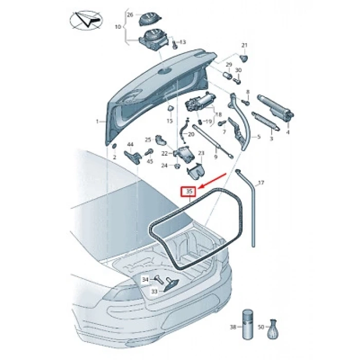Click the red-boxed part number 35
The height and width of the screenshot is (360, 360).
point(189,192)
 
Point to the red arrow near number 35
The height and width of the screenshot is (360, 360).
point(214,181)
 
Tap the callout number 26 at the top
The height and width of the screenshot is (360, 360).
point(130,15)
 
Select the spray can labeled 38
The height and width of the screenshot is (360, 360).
point(248,324)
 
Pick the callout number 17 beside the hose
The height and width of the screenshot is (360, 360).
point(261,183)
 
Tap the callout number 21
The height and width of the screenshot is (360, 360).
point(245,45)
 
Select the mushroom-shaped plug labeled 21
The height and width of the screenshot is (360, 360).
point(246,57)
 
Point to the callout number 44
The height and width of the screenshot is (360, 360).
point(130,145)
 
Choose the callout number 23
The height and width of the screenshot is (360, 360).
point(201,153)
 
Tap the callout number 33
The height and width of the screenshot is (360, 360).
point(154,291)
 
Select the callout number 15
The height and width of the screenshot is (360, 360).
point(169,121)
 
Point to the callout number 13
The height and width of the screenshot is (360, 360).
point(183,42)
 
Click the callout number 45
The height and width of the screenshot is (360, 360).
point(150,161)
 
